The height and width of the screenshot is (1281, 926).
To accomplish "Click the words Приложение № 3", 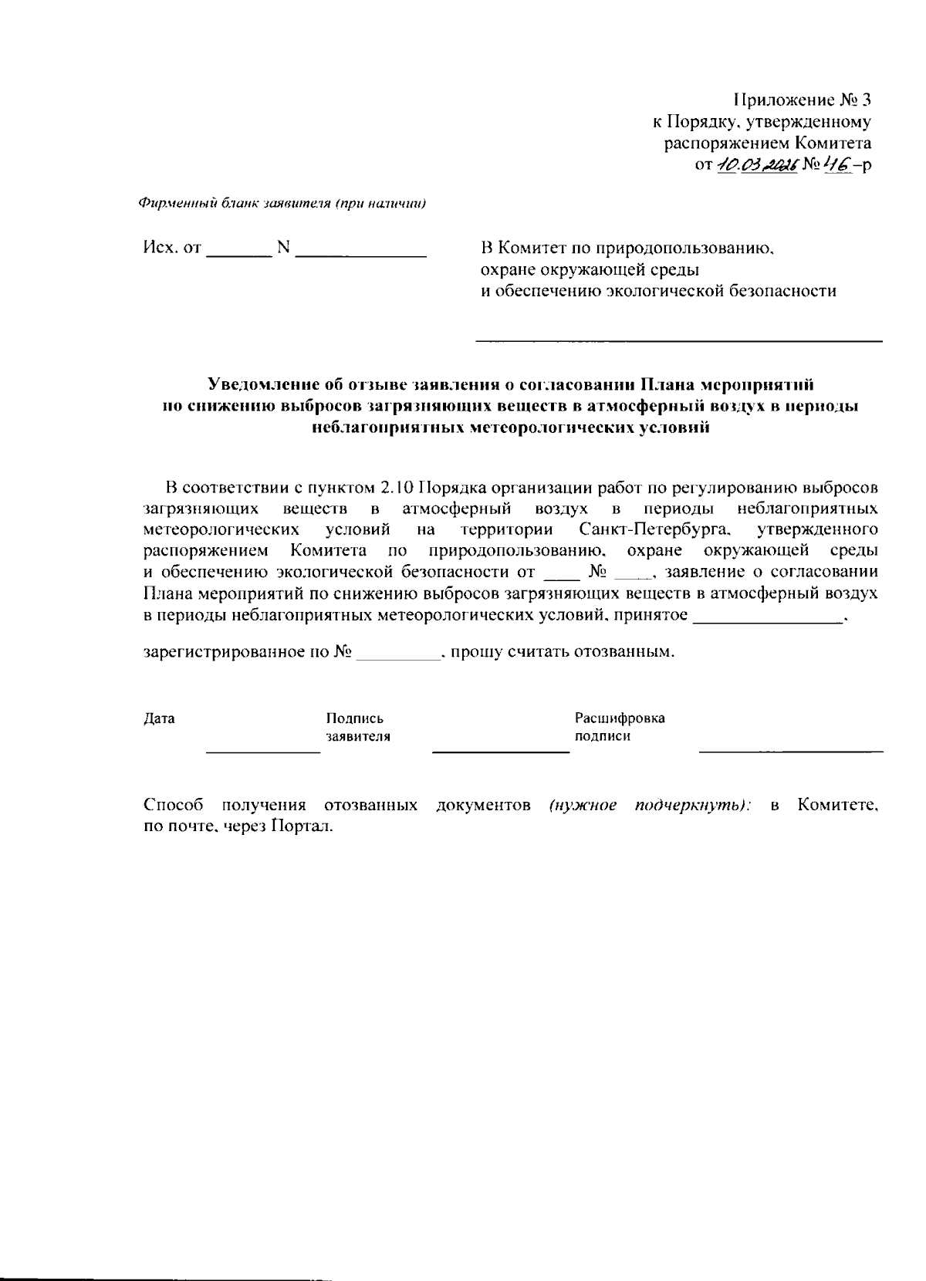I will [802, 100].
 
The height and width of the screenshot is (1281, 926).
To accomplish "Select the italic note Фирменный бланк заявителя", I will [282, 204].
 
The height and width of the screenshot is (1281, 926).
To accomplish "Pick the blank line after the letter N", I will [361, 253].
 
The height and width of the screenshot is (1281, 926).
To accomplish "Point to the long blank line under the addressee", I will [678, 340].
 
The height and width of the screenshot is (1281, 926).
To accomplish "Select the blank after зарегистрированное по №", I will [398, 657].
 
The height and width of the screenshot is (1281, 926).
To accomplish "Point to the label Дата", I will [160, 718].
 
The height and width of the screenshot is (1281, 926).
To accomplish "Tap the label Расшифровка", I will [620, 718].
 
